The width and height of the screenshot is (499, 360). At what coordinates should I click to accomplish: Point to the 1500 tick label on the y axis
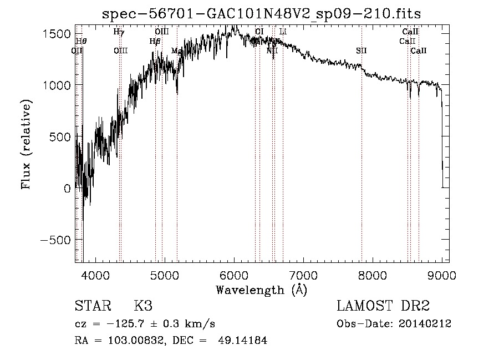coord(57,34)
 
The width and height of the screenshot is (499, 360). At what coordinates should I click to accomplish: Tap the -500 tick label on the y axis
coord(54,240)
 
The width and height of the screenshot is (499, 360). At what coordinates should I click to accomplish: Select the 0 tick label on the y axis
coord(67,188)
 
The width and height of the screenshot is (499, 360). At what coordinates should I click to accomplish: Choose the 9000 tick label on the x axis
coord(442,275)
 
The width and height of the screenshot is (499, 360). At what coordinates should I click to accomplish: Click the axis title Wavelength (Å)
coord(261,290)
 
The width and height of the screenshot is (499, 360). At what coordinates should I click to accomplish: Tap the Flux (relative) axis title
coord(27,144)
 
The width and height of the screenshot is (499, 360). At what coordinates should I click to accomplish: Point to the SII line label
coord(361,51)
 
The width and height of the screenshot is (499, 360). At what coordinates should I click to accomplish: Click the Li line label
coord(283,32)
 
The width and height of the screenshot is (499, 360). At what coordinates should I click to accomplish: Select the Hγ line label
coord(119,32)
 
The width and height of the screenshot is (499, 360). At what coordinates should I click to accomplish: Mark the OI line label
coord(259,32)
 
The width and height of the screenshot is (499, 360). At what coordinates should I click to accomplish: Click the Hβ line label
coord(155,41)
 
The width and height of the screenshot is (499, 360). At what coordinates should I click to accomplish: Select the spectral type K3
coord(143,306)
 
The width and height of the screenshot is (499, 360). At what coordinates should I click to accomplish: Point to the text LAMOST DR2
coord(383,306)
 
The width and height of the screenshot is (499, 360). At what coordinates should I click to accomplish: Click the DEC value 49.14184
coord(241,341)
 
